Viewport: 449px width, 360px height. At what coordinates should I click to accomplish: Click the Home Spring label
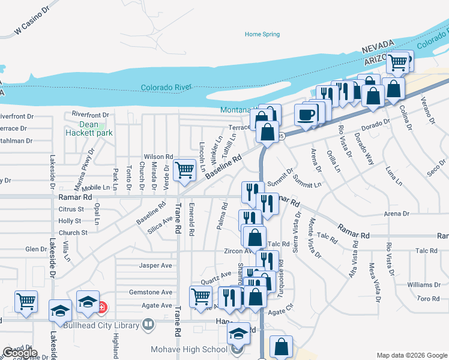262,34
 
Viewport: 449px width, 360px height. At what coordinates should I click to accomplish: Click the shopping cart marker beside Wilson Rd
185,170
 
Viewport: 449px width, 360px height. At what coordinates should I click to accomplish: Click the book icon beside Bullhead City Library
149,325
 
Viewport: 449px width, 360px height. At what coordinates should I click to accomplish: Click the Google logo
20,353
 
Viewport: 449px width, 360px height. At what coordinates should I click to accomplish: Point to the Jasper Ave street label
155,265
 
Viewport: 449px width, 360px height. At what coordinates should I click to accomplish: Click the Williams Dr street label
423,284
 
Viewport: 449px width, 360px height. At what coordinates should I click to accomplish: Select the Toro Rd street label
428,298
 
